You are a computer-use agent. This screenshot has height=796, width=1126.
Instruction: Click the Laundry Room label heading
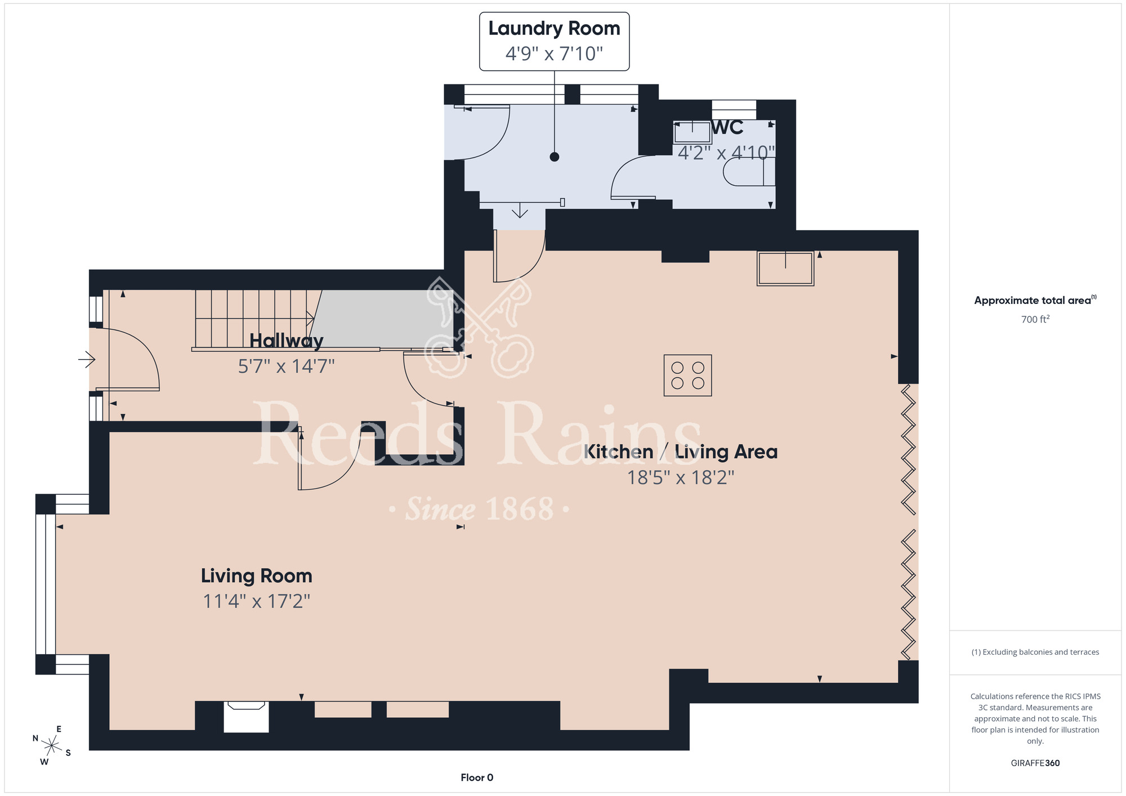pyautogui.click(x=554, y=28)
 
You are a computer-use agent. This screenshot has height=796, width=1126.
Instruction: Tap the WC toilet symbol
pyautogui.click(x=749, y=172)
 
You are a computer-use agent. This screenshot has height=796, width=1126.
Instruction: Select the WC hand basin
pyautogui.click(x=692, y=132)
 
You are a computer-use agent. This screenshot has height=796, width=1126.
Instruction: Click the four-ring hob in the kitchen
pyautogui.click(x=687, y=375)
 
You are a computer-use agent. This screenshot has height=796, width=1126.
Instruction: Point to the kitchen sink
pyautogui.click(x=785, y=269)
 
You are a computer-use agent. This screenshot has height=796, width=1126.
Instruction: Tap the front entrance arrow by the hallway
pyautogui.click(x=87, y=359)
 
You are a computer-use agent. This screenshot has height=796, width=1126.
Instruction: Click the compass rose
pyautogui.click(x=51, y=746)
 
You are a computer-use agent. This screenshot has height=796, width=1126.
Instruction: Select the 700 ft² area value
pyautogui.click(x=1035, y=319)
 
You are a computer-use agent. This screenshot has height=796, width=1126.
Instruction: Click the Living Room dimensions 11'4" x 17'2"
pyautogui.click(x=256, y=601)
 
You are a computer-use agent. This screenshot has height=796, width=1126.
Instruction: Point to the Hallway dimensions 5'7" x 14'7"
pyautogui.click(x=286, y=366)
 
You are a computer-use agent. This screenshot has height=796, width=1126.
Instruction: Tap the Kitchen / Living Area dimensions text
pyautogui.click(x=681, y=477)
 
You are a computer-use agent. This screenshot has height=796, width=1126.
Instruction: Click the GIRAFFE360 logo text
pyautogui.click(x=1035, y=763)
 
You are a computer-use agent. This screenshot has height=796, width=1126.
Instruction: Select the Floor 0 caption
pyautogui.click(x=477, y=777)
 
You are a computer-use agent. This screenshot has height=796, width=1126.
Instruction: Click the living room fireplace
pyautogui.click(x=246, y=717)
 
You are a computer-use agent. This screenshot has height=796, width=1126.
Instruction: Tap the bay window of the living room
pyautogui.click(x=46, y=584)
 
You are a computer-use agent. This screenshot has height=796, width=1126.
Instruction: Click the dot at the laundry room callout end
pyautogui.click(x=555, y=157)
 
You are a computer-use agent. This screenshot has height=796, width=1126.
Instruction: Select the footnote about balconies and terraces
pyautogui.click(x=1035, y=652)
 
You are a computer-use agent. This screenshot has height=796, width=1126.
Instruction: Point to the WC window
pyautogui.click(x=734, y=109)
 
